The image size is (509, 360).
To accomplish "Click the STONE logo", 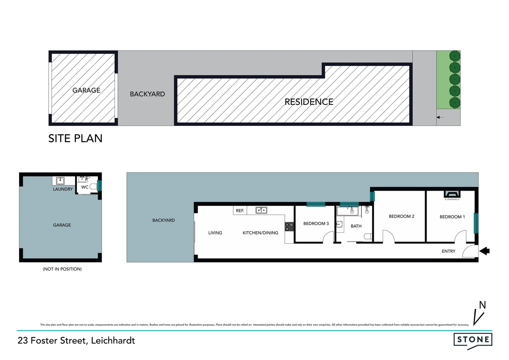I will point(473,340).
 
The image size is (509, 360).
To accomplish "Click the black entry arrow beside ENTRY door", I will point(484,251).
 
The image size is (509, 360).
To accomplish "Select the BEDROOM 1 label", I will point(452,217).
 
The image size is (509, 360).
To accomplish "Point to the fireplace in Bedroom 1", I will point(452,195).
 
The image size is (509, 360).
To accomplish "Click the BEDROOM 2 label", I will point(401,216).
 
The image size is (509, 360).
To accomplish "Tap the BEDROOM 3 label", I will point(316,223).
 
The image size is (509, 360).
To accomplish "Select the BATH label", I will point(356,226).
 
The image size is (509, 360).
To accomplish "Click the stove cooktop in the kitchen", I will point(289,227).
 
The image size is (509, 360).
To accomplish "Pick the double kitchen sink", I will point(261,210).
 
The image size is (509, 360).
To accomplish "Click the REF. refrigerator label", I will point(240,211).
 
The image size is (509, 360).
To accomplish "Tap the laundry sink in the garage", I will point(60,181).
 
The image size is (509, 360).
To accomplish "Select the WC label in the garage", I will point(85,187).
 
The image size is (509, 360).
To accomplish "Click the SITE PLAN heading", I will point(75,138).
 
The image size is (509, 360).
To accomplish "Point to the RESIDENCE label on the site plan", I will point(309,102).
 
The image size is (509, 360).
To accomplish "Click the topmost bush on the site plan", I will point(455,56).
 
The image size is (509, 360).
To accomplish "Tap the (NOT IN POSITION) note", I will point(62,269).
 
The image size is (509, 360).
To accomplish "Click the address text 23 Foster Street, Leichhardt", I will point(76,340).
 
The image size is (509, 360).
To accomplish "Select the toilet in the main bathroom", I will point(368,236).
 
